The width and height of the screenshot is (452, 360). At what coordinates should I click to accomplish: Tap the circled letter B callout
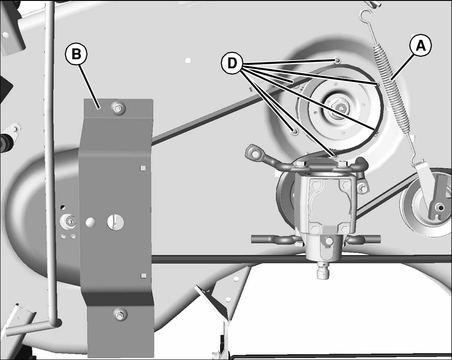click(x=76, y=54)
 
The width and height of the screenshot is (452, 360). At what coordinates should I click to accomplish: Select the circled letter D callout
click(x=232, y=63)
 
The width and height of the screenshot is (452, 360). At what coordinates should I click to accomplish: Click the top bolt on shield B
click(x=118, y=109)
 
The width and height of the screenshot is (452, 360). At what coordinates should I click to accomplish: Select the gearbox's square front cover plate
click(x=330, y=206)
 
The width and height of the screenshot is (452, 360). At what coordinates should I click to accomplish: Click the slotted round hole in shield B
click(x=116, y=222)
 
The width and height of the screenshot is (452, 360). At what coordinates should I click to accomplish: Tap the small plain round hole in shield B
click(x=91, y=222)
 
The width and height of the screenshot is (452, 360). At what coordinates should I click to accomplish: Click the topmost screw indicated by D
click(x=337, y=60)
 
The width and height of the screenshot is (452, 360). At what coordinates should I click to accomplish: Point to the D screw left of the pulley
click(x=295, y=131)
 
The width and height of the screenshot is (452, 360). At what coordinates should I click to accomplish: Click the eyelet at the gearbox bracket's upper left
click(x=254, y=153)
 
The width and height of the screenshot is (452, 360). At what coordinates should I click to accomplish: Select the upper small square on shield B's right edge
click(x=143, y=168)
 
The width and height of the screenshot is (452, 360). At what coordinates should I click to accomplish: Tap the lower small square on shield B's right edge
click(x=143, y=276)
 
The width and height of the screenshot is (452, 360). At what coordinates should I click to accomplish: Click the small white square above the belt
click(x=188, y=60)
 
